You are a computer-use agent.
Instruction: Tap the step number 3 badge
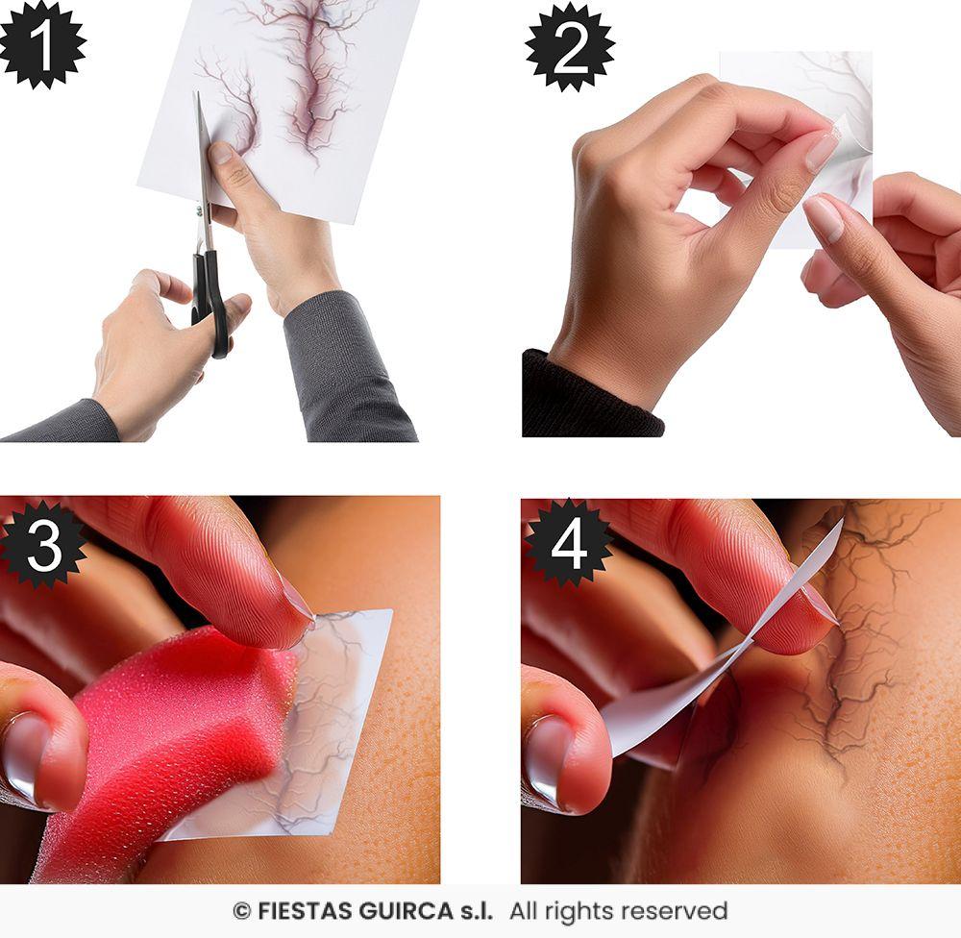pos(43,543)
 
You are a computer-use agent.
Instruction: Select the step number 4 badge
pos(569,543)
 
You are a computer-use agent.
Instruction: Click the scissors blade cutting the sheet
pos(203,154)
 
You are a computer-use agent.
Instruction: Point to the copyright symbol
pos(241,911)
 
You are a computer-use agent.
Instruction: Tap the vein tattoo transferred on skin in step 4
pos(855,654)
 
